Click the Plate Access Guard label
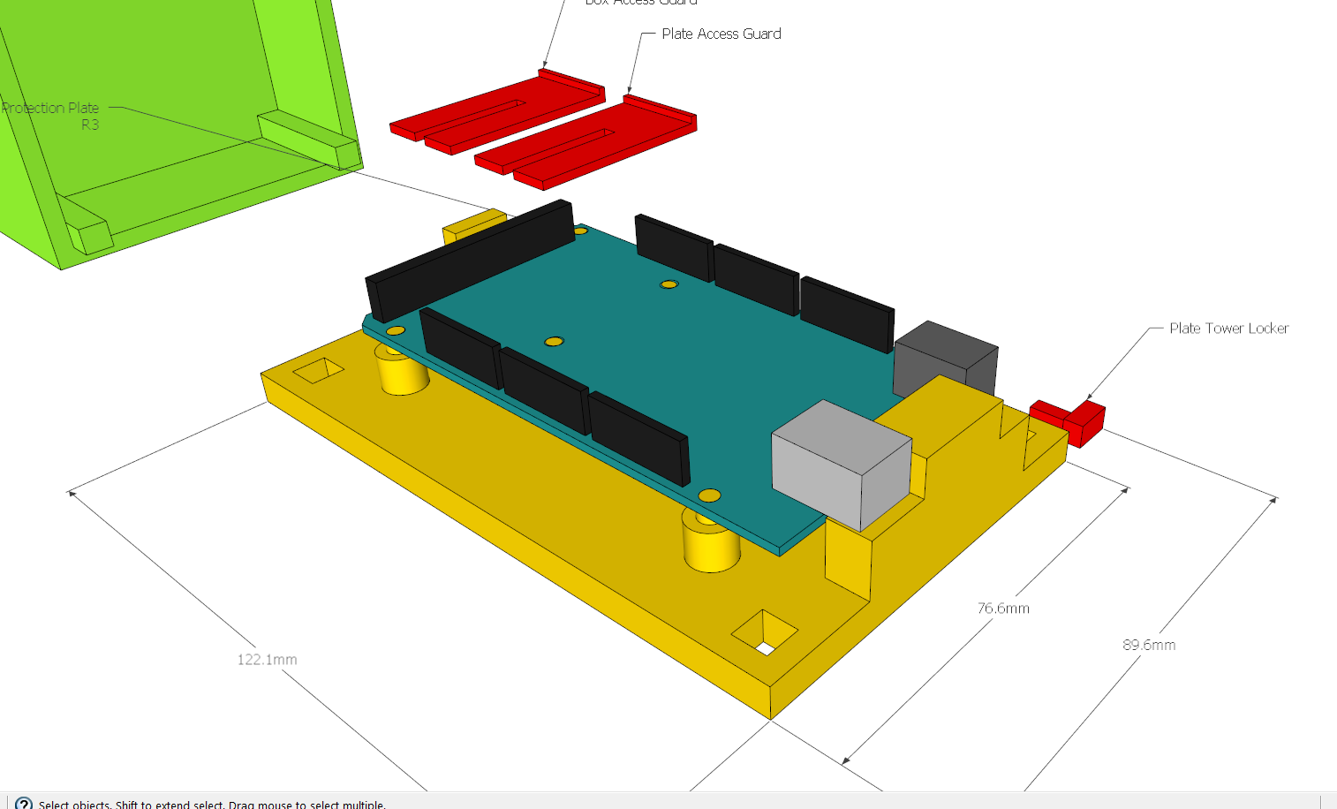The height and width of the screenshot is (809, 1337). [721, 34]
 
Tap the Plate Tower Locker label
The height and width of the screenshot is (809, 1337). [1228, 329]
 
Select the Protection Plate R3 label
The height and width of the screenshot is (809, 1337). [51, 116]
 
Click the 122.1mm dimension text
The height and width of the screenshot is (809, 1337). [267, 660]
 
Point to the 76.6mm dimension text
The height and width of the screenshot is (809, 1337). [1003, 609]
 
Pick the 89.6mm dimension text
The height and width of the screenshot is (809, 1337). [1149, 646]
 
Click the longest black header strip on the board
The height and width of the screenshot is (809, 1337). [471, 258]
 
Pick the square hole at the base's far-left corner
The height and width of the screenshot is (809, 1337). [318, 370]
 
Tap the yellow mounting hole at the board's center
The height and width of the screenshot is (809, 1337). [554, 341]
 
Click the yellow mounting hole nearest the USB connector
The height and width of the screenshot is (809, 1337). [708, 495]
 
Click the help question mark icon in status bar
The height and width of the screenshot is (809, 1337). [24, 804]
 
